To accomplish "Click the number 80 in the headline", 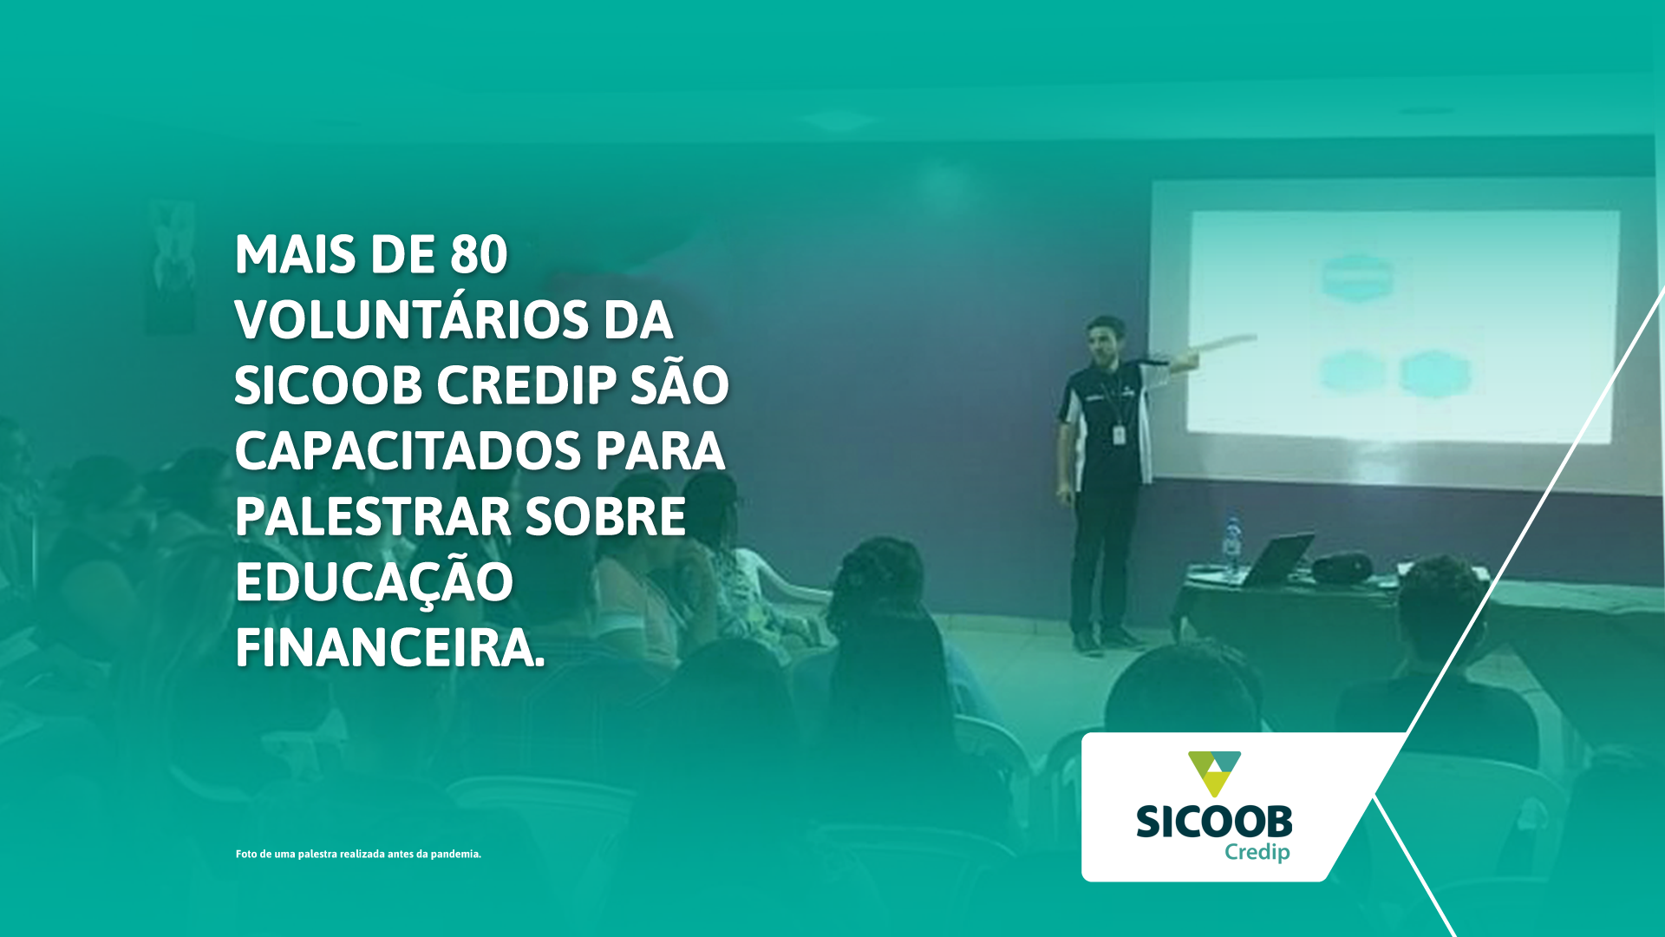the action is point(479,254).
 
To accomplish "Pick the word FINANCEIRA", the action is point(390,647).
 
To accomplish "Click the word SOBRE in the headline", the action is point(605,516).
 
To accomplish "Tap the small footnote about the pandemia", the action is point(358,854).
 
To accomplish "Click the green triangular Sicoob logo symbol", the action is point(1214,772).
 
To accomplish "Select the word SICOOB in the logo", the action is point(1214,822).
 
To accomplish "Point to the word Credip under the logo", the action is point(1257,853).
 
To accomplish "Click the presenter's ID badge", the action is point(1119,434).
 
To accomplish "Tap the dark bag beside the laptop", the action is point(1342,568).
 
